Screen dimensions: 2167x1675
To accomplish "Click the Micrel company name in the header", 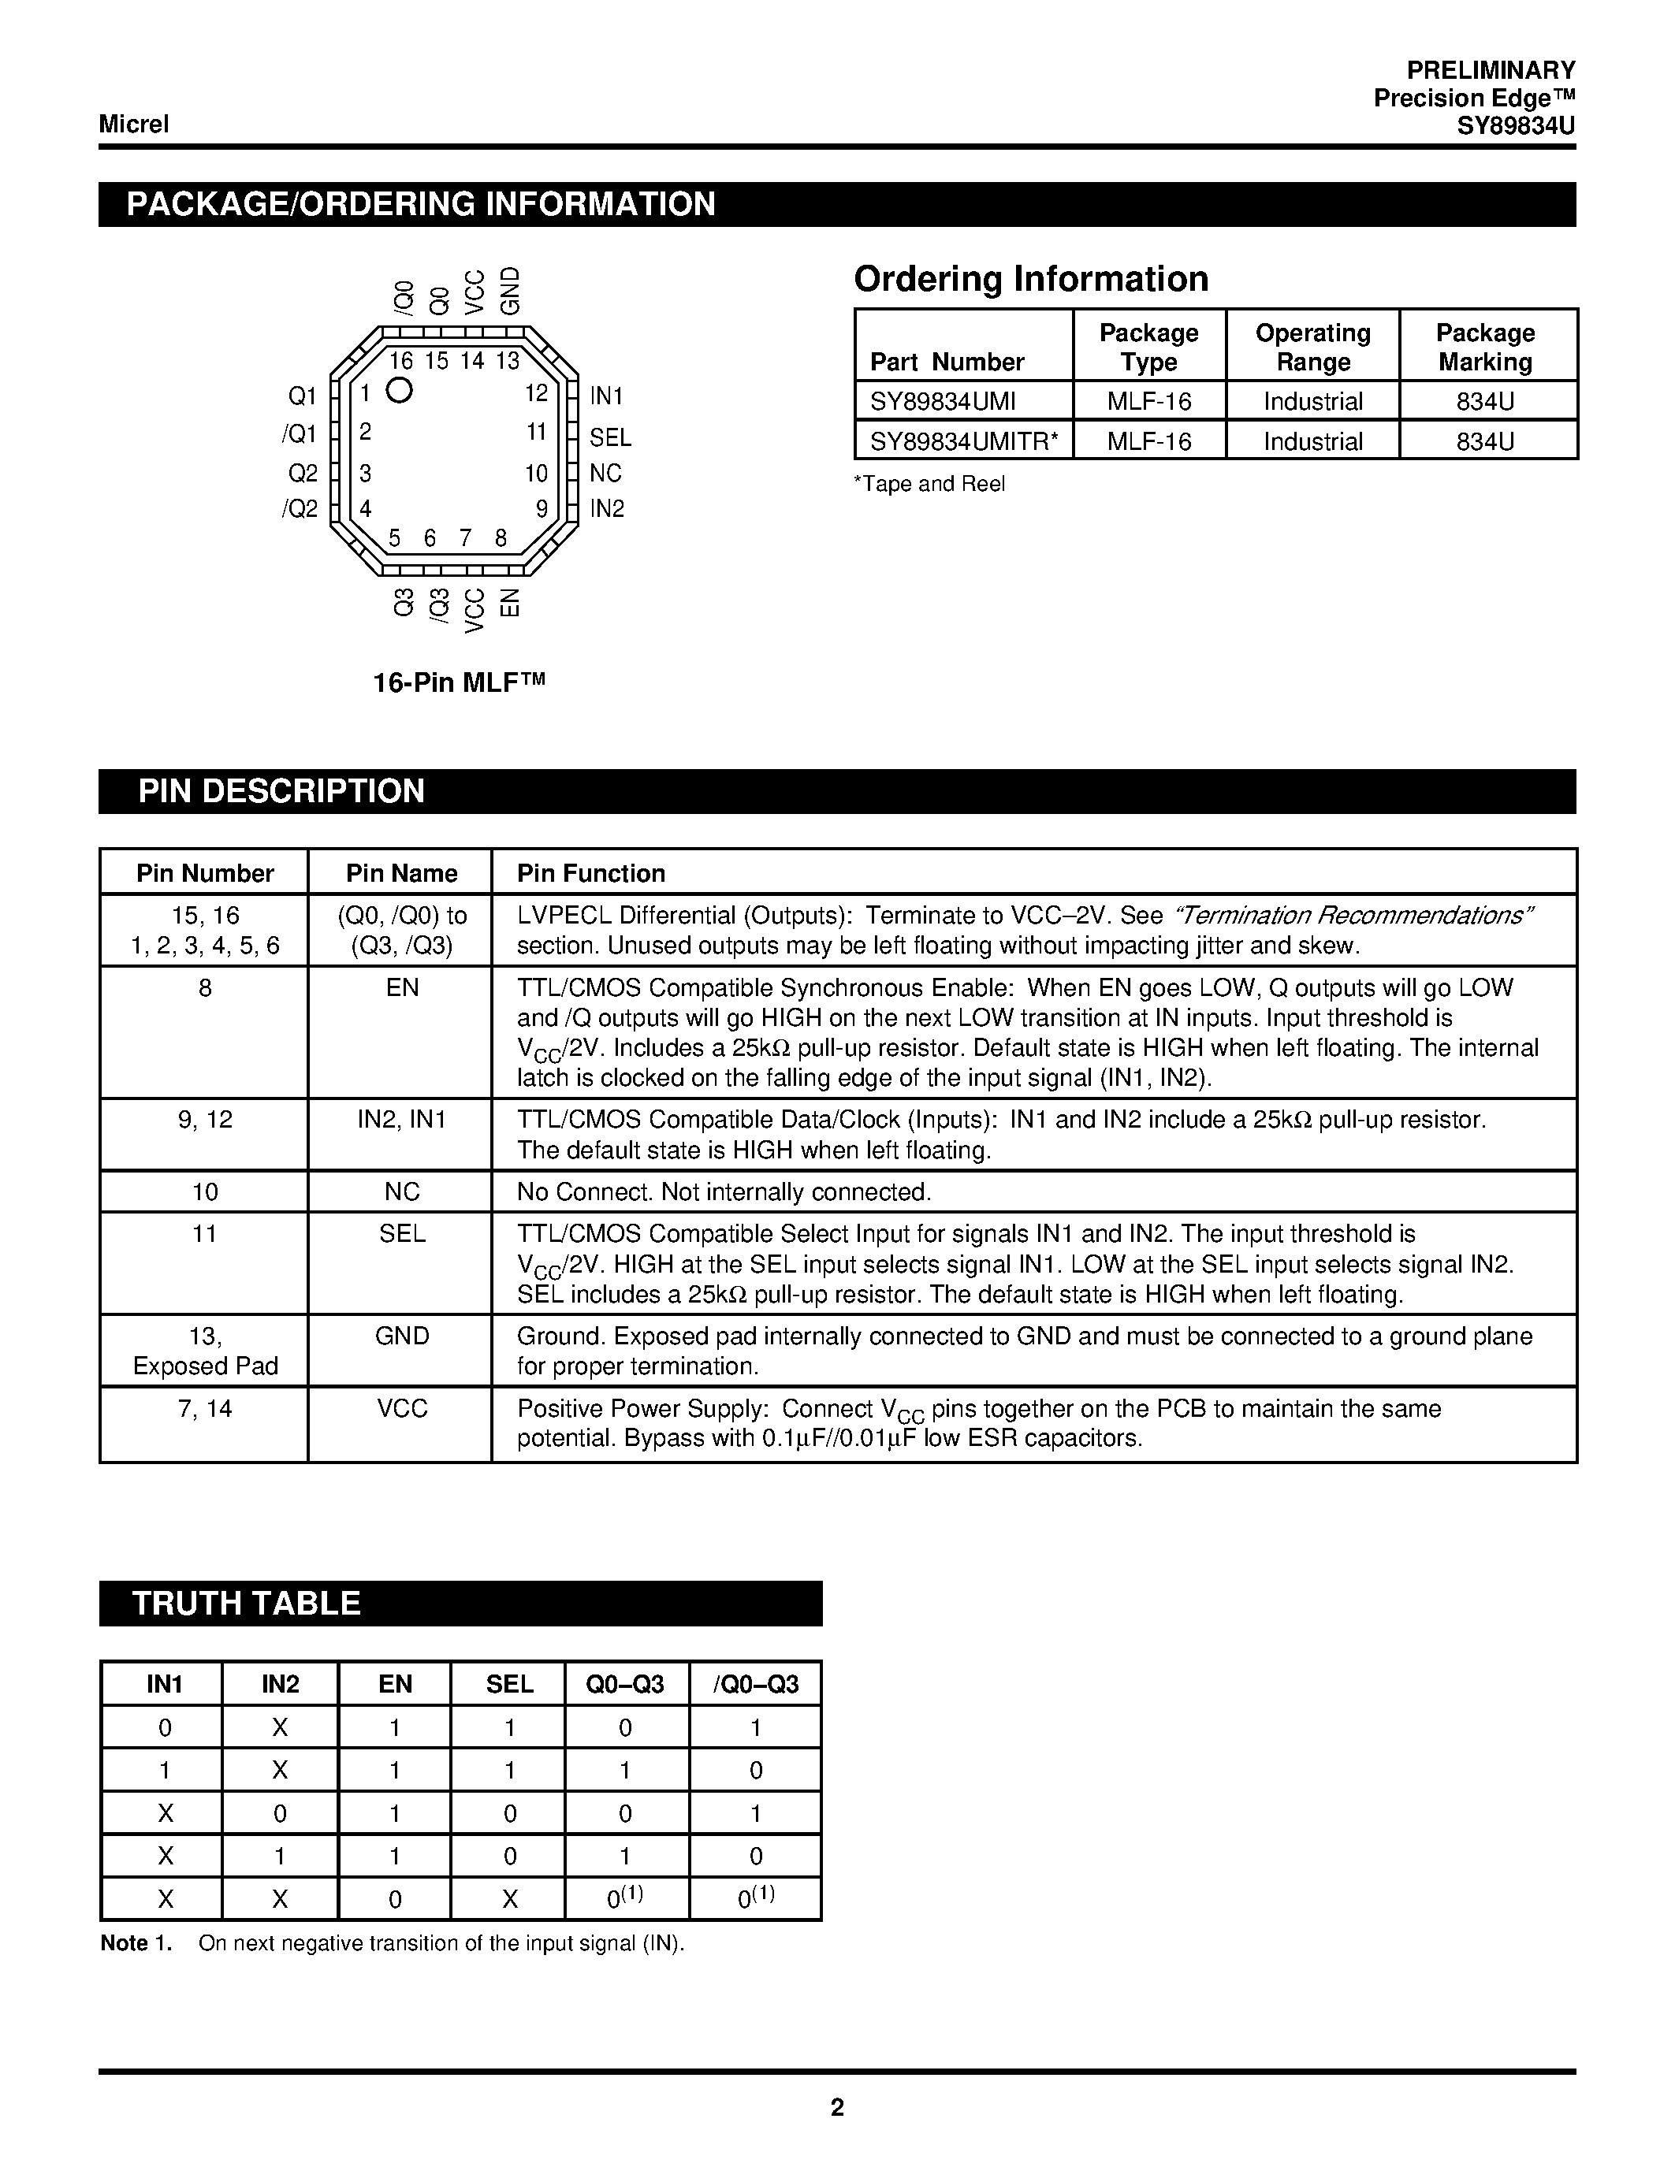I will (x=134, y=124).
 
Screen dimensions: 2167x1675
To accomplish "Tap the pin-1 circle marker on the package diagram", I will (x=399, y=391).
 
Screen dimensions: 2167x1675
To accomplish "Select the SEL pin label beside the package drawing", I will (x=609, y=437).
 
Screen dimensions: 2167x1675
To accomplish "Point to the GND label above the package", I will (x=509, y=291).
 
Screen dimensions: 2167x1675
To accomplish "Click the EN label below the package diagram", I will (x=509, y=602).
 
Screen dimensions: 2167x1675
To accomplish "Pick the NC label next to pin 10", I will (x=605, y=474).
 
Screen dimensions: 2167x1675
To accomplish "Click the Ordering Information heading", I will (x=1030, y=279).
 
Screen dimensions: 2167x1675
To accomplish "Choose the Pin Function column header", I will (x=590, y=873).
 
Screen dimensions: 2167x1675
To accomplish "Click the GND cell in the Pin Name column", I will (x=402, y=1336).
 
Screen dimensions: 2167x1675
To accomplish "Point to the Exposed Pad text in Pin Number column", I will (x=206, y=1366).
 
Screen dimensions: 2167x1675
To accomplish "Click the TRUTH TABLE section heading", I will (x=246, y=1604).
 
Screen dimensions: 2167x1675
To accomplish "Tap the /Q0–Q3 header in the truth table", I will (x=755, y=1684).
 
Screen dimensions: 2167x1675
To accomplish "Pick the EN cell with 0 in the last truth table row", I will (x=394, y=1899).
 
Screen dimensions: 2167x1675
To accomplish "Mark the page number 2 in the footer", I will (x=836, y=2107).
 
